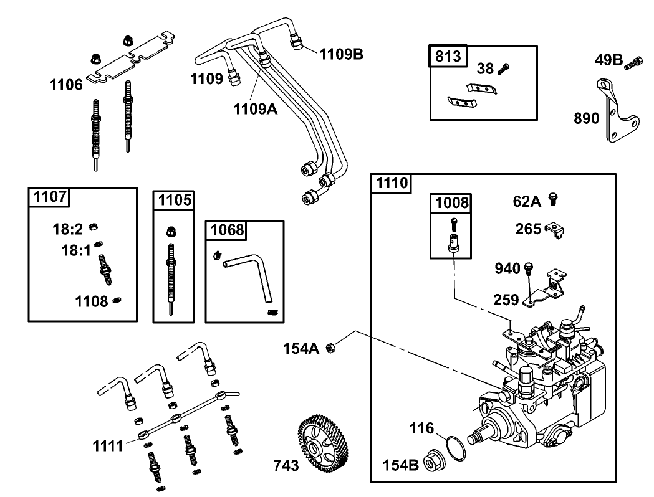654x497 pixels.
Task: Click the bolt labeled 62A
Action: (x=552, y=199)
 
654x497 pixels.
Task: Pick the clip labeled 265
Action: (x=554, y=229)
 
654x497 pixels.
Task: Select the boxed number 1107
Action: (x=49, y=197)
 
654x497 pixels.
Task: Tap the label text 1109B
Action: (x=341, y=54)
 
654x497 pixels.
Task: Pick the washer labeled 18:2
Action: (x=95, y=226)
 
